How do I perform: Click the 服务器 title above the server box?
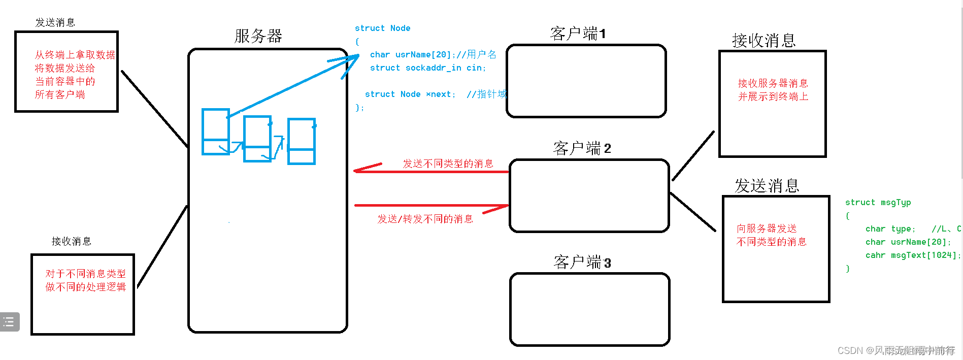pos(258,36)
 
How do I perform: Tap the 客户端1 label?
pos(578,34)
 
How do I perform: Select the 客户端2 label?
pos(582,148)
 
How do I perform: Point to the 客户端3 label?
pos(582,263)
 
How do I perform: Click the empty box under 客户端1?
pos(586,81)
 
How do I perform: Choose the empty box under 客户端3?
pos(590,309)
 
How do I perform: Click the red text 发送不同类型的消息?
pos(448,163)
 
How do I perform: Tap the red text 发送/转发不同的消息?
pos(425,219)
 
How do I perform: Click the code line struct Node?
pos(382,28)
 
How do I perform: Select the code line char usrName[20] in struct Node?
pos(433,55)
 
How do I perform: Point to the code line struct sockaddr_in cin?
pos(427,68)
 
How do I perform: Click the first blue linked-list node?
pos(216,132)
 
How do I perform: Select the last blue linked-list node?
pos(302,141)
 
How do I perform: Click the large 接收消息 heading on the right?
pos(763,41)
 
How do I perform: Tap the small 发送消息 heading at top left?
pos(55,22)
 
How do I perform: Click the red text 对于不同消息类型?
pos(85,274)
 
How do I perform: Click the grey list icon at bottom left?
pos(9,322)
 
